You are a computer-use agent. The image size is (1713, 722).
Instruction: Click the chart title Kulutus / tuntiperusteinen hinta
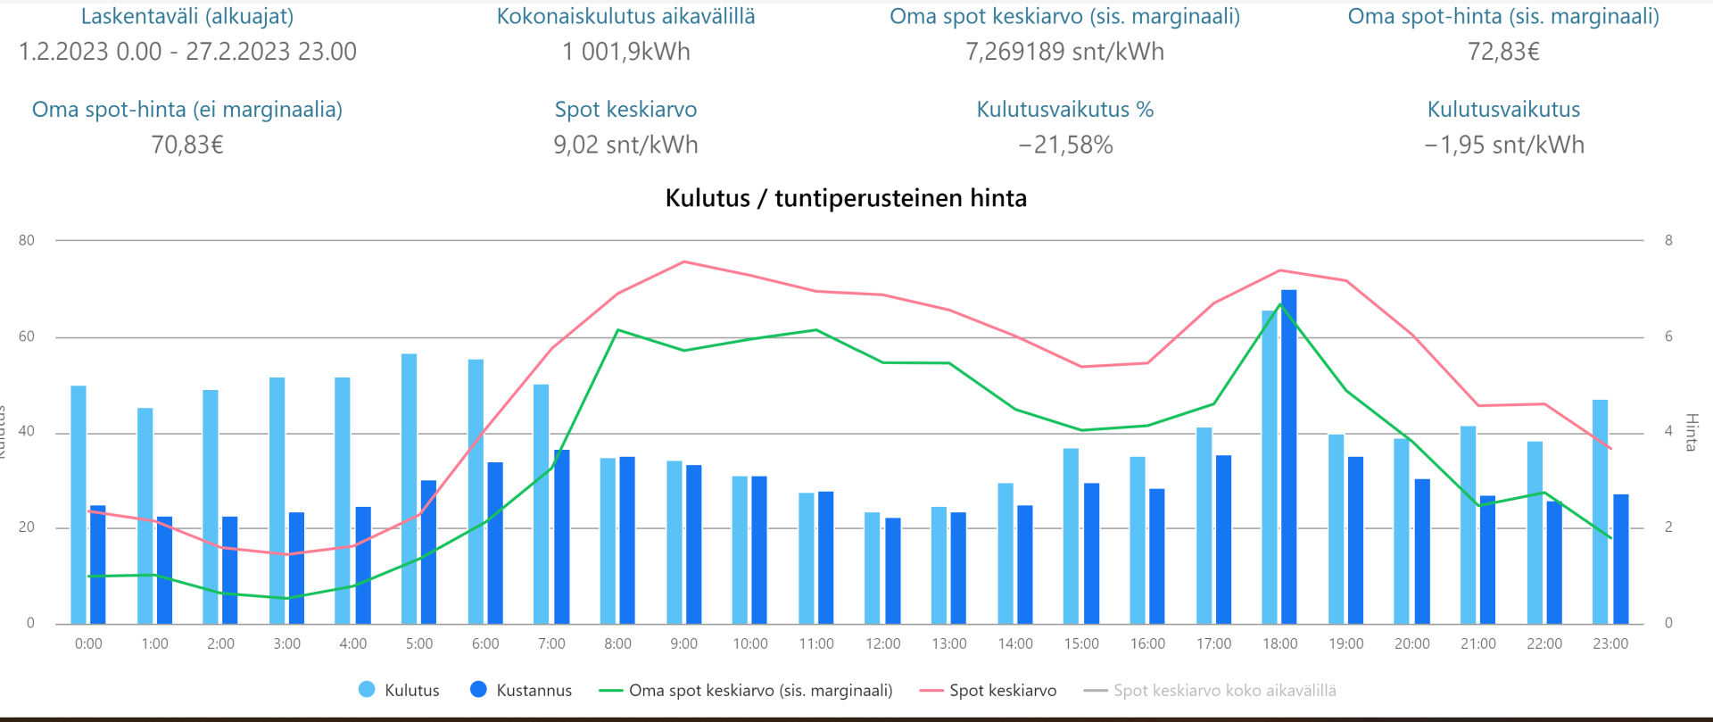[x=846, y=198]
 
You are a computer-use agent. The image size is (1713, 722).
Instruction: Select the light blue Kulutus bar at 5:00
[x=409, y=488]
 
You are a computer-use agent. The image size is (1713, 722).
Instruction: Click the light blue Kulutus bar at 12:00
[x=873, y=568]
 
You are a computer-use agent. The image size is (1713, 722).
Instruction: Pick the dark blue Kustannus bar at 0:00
[x=98, y=564]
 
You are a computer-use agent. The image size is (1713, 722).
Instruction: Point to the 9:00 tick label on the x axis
[x=683, y=644]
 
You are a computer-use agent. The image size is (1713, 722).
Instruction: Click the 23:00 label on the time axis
[x=1610, y=644]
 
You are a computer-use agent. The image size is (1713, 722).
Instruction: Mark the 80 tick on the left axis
[x=27, y=240]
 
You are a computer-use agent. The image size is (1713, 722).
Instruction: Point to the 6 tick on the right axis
[x=1668, y=336]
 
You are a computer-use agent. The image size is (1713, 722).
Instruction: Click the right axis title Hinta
[x=1691, y=432]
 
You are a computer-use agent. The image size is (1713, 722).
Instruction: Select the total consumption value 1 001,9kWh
[x=626, y=52]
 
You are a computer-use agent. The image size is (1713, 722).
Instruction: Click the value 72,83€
[x=1503, y=52]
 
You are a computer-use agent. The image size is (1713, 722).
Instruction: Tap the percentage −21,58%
[x=1065, y=145]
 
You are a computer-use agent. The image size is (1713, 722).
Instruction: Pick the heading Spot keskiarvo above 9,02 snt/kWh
[x=626, y=110]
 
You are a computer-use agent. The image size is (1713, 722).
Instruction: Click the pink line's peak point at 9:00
[x=684, y=261]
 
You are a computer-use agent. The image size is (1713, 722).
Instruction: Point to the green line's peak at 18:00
[x=1280, y=304]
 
